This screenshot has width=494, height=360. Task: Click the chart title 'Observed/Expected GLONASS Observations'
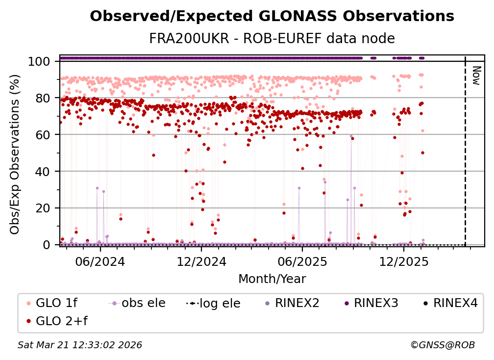[272, 17]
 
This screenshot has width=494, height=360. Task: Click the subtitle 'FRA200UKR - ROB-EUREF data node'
[272, 38]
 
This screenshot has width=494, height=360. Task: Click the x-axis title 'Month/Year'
[272, 280]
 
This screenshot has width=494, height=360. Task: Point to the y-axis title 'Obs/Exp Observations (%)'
[15, 153]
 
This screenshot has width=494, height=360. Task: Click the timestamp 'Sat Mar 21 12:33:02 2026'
[80, 345]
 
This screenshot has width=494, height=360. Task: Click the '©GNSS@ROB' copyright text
[443, 345]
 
